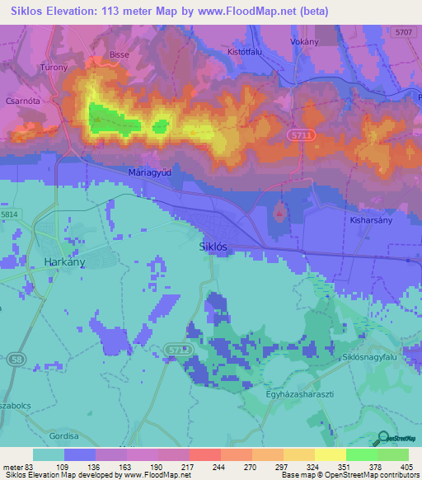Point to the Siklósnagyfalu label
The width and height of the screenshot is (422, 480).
(373, 358)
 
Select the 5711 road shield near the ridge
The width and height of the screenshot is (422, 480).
(300, 134)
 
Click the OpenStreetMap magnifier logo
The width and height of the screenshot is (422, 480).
(383, 439)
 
